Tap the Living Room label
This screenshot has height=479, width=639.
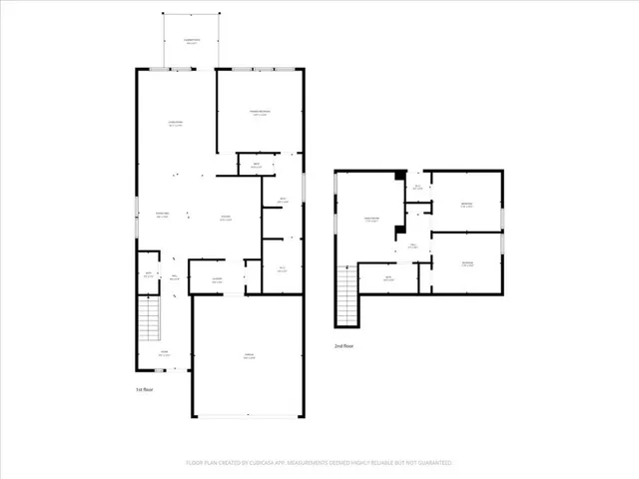pyautogui.click(x=175, y=124)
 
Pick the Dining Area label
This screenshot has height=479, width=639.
pyautogui.click(x=161, y=217)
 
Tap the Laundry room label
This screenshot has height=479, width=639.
pyautogui.click(x=218, y=280)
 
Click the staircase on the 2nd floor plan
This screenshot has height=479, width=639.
pyautogui.click(x=346, y=297)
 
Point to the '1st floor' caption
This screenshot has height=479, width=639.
pyautogui.click(x=145, y=389)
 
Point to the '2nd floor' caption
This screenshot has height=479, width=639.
pyautogui.click(x=344, y=345)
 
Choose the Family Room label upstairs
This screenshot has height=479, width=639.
pyautogui.click(x=372, y=220)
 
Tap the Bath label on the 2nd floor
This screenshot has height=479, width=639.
pyautogui.click(x=388, y=278)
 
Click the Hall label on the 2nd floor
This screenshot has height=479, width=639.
pyautogui.click(x=411, y=245)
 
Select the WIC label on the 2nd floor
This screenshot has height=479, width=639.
pyautogui.click(x=417, y=187)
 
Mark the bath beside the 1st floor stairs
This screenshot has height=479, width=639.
pyautogui.click(x=148, y=275)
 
